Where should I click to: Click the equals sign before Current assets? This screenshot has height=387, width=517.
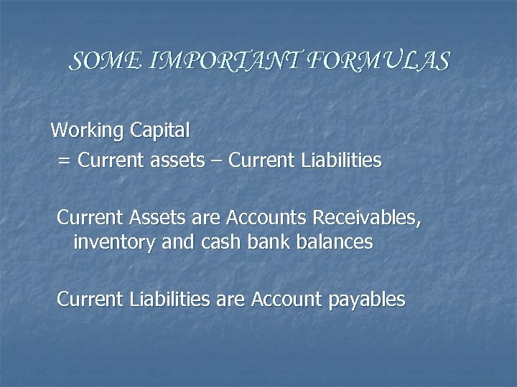click(x=64, y=161)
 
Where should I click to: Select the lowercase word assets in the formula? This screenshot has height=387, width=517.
click(x=177, y=161)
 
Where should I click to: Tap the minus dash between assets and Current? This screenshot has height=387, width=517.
click(x=217, y=161)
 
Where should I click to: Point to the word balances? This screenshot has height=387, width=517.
click(x=334, y=242)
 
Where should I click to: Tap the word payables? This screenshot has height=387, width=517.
click(x=366, y=300)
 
